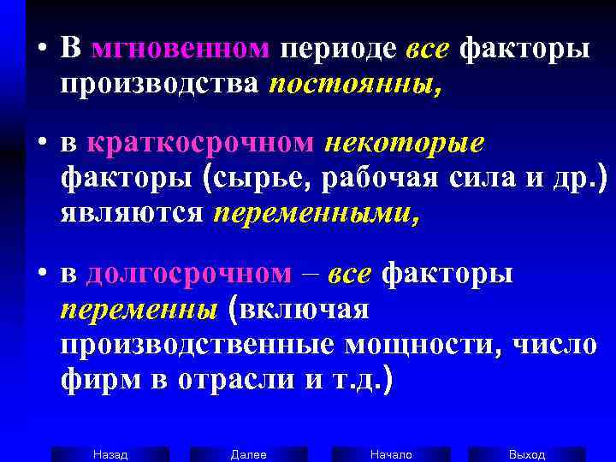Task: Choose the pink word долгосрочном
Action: click(189, 274)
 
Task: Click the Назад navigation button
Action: click(110, 454)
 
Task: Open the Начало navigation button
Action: click(391, 454)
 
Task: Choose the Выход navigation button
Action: click(527, 454)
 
